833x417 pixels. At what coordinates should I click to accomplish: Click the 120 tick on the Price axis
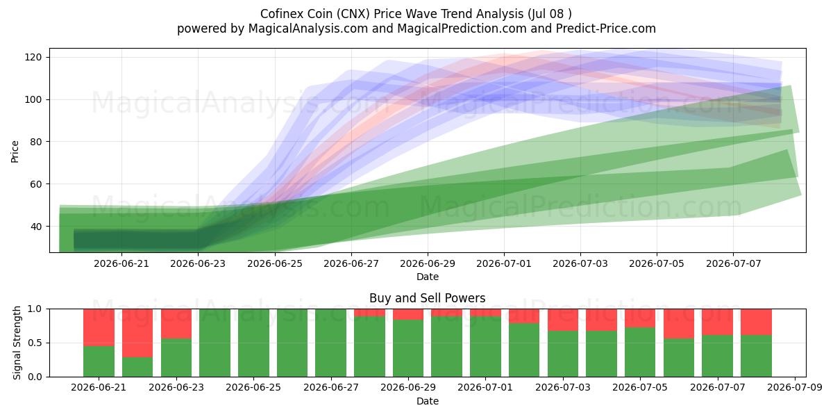point(33,57)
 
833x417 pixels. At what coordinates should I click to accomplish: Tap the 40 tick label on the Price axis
point(35,227)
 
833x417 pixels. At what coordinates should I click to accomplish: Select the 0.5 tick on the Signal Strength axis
point(35,343)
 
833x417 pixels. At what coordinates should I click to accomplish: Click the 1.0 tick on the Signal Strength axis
point(35,309)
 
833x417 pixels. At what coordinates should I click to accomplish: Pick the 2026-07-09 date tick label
point(795,388)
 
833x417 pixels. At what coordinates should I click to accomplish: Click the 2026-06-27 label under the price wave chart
point(351,263)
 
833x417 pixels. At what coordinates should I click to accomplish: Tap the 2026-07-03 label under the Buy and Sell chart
point(563,388)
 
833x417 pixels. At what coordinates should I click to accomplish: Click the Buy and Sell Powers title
point(428,298)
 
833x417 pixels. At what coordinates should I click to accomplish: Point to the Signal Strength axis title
point(17,343)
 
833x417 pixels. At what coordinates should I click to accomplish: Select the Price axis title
point(15,152)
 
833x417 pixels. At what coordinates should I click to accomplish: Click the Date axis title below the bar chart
point(428,401)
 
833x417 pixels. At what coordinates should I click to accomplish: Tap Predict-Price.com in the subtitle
point(606,28)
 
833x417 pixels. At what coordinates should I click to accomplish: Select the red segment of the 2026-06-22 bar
point(137,333)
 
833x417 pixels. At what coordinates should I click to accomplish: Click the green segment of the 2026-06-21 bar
point(99,361)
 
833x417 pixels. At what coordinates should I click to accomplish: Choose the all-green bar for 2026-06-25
point(253,343)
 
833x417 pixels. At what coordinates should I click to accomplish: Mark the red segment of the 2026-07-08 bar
point(756,322)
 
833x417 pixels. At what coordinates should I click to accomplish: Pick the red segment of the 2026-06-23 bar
point(176,324)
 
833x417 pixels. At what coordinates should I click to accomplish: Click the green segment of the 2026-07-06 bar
point(679,358)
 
